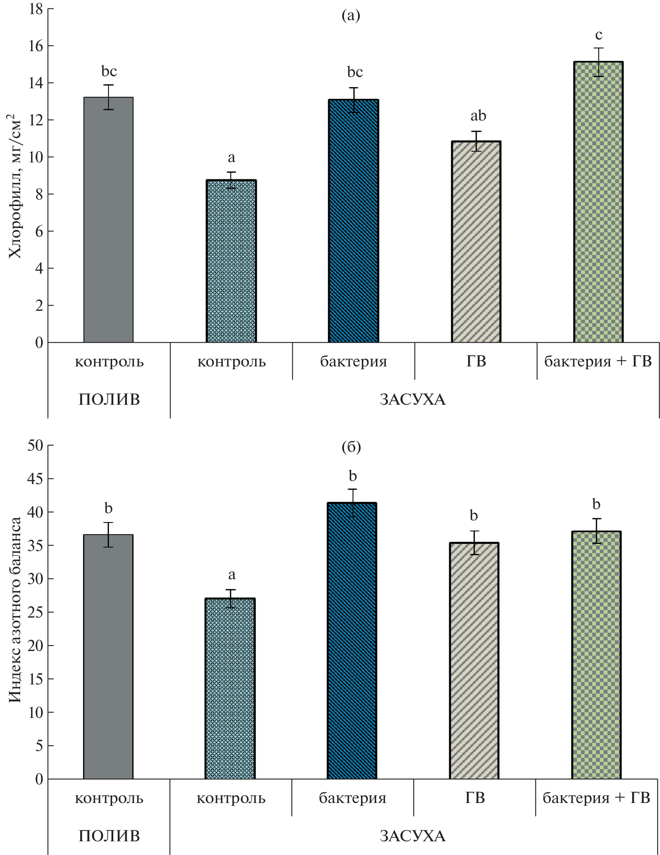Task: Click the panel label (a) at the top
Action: pyautogui.click(x=350, y=16)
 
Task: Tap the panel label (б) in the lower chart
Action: pyautogui.click(x=351, y=447)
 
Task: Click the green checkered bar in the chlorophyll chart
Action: pyautogui.click(x=598, y=202)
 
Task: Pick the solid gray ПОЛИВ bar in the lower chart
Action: pyautogui.click(x=108, y=657)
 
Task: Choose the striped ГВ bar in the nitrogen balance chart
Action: pyautogui.click(x=474, y=661)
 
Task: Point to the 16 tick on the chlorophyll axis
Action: pyautogui.click(x=36, y=46)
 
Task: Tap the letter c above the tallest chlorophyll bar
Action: pyautogui.click(x=599, y=35)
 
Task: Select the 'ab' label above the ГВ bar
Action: pyautogui.click(x=478, y=116)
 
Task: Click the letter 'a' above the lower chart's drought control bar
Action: pyautogui.click(x=231, y=575)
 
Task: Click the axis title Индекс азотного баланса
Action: pyautogui.click(x=15, y=613)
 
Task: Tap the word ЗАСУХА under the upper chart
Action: pyautogui.click(x=412, y=399)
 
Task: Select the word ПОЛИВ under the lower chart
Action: pyautogui.click(x=109, y=836)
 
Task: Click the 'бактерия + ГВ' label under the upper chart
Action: pyautogui.click(x=598, y=362)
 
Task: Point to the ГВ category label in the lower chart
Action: pyautogui.click(x=475, y=798)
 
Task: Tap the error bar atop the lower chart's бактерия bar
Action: pyautogui.click(x=353, y=503)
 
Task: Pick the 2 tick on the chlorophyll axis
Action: pyautogui.click(x=39, y=306)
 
